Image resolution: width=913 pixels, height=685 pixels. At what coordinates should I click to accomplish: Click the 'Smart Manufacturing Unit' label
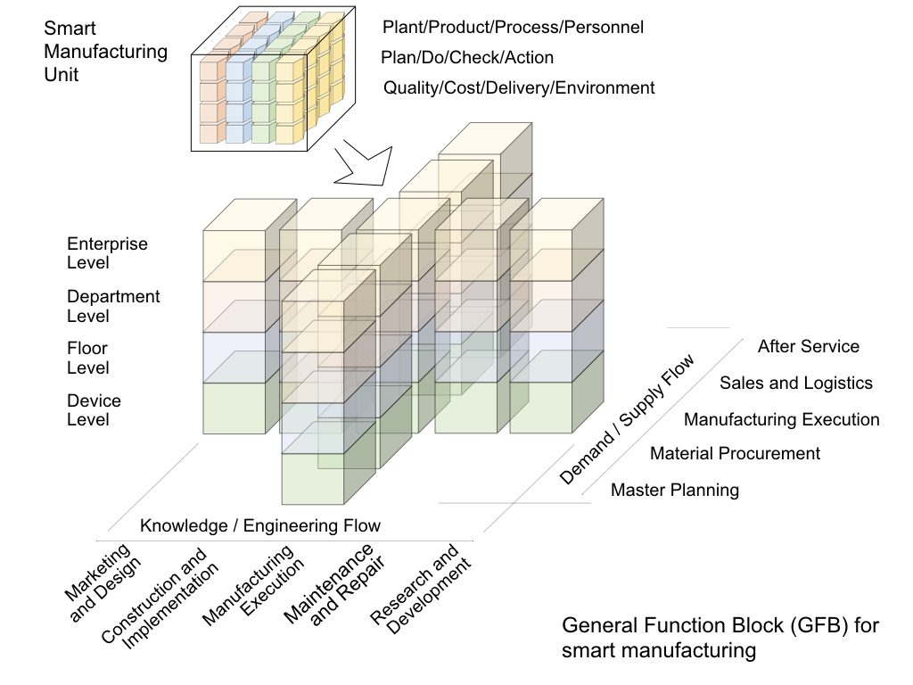(105, 52)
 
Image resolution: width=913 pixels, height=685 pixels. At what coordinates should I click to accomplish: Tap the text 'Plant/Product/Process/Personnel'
(513, 27)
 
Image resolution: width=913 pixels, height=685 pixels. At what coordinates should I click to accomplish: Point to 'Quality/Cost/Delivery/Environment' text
(519, 87)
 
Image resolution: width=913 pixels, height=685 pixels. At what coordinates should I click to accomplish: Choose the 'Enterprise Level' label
(107, 253)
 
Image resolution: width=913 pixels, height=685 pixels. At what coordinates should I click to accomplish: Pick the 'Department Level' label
(113, 306)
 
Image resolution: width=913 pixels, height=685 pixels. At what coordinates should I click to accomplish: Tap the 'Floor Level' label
(88, 358)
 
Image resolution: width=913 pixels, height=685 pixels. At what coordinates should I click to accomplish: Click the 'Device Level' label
(94, 410)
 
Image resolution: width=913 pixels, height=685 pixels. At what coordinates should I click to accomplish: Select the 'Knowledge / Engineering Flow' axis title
(260, 525)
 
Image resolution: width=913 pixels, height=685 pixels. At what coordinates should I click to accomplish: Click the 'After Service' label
(808, 346)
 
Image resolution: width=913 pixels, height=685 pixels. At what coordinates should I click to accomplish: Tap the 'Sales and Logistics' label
(795, 383)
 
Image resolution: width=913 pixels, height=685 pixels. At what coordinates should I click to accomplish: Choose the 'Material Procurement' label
(735, 453)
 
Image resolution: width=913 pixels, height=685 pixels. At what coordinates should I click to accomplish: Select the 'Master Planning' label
(675, 490)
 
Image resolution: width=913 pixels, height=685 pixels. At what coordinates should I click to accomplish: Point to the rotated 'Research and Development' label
(421, 586)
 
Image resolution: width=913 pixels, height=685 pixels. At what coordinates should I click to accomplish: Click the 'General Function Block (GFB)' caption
(720, 638)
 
